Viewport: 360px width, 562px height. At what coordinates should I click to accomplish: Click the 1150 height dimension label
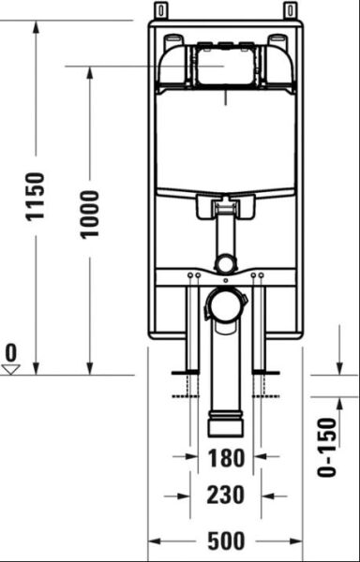coord(35,196)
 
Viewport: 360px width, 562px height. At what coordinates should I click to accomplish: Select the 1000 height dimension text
coord(89,214)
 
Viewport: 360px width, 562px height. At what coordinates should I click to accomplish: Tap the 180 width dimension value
coord(225,459)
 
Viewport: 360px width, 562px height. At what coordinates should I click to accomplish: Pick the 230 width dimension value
coord(225,495)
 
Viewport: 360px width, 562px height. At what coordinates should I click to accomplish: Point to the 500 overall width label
coord(225,540)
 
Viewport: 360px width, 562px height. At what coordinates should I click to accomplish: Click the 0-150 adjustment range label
coord(326,447)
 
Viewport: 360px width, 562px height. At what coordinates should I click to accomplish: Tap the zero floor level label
coord(11,352)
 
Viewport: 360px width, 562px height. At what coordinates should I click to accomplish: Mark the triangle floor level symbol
coord(11,369)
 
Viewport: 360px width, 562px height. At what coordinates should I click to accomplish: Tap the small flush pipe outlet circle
coord(224,263)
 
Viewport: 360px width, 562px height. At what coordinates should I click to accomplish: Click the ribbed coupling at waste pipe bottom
coord(225,421)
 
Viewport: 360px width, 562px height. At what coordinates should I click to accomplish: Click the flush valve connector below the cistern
coord(224,208)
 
